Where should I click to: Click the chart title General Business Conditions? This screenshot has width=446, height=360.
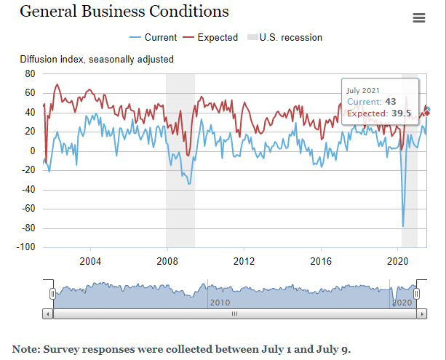(x=124, y=12)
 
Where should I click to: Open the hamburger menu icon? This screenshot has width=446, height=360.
(x=418, y=18)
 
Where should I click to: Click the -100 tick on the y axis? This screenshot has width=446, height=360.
(x=27, y=247)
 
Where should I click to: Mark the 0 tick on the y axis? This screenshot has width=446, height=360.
(x=33, y=151)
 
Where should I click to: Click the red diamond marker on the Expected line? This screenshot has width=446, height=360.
(x=427, y=112)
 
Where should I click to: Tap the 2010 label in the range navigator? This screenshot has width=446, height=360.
(x=220, y=302)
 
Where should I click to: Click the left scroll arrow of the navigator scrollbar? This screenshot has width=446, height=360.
(x=48, y=314)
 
